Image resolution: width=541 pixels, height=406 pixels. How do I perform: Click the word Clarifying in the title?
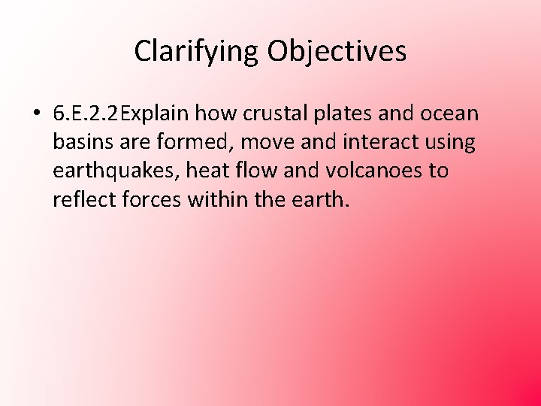pyautogui.click(x=198, y=51)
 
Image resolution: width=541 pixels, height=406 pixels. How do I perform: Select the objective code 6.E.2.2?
pyautogui.click(x=87, y=114)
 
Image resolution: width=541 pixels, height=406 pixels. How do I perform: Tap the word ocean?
pyautogui.click(x=449, y=114)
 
